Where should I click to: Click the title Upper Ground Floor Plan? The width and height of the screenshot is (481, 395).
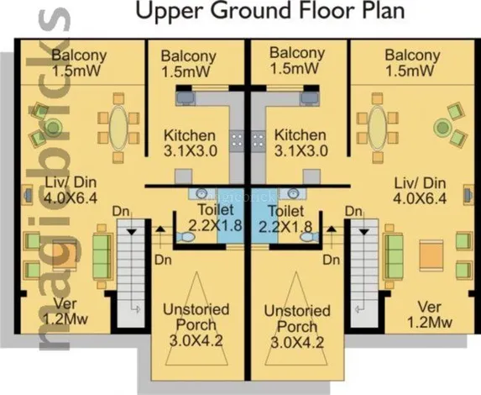270,11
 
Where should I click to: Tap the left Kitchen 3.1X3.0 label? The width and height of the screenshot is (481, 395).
191,143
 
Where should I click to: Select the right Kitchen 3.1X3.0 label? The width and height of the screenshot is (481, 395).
301,143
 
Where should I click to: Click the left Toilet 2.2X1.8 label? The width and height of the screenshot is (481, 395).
216,218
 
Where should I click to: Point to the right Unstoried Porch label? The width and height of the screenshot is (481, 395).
297,319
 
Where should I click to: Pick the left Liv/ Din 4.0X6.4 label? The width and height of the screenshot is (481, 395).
71,190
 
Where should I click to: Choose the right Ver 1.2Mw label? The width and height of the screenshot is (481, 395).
430,314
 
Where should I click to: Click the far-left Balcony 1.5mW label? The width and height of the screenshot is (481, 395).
79,63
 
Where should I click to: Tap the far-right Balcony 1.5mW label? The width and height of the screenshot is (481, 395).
412,63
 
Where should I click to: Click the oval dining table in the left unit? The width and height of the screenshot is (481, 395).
118,128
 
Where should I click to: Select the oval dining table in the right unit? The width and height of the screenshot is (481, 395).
378,128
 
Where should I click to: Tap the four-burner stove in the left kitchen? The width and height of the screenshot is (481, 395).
237,140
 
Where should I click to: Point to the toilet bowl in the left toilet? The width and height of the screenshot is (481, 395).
186,237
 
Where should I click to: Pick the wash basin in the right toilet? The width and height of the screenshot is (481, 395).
293,193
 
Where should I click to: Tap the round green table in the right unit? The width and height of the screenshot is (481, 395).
442,127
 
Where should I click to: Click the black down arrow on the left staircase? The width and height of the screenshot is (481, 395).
132,232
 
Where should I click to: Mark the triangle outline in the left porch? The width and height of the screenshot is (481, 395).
196,319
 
